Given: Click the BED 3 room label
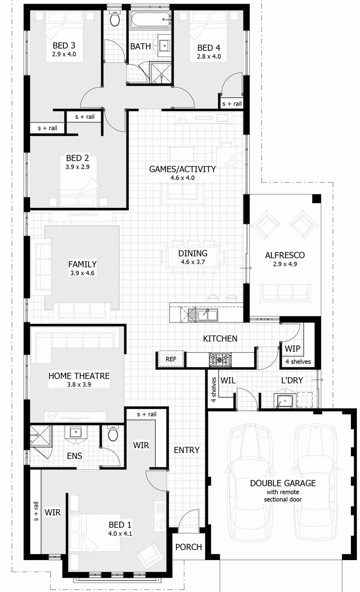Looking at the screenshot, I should (64, 45).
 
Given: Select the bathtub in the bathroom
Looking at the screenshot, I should (151, 20).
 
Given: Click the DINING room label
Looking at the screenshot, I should (193, 253).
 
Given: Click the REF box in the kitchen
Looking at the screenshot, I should (171, 359).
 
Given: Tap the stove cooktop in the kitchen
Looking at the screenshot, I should (220, 359).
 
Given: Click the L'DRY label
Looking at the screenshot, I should (292, 381).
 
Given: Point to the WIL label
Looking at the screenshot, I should (228, 381).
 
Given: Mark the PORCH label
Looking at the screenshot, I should (188, 547).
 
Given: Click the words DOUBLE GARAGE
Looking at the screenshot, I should (283, 483).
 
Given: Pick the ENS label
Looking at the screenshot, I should (75, 456).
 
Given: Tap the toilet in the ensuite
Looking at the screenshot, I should (113, 434).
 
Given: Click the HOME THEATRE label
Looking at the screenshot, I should (79, 376).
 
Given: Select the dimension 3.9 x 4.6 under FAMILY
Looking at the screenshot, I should (82, 273).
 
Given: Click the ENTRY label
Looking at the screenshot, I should (186, 450).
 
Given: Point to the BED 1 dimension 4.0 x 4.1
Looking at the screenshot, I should (120, 534).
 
